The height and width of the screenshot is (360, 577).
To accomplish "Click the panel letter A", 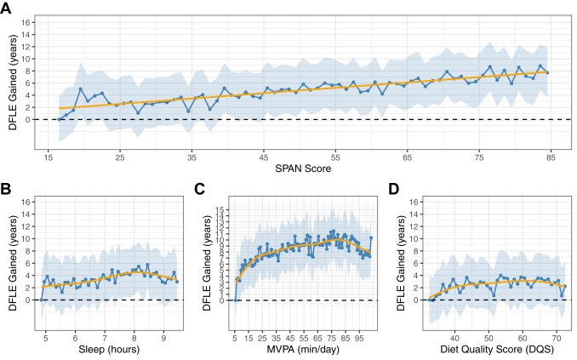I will click(x=7, y=8).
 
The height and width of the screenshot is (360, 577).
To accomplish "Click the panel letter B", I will click(x=7, y=186).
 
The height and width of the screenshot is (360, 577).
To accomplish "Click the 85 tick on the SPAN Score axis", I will click(x=548, y=157).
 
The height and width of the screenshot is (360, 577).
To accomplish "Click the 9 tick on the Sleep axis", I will click(x=163, y=335).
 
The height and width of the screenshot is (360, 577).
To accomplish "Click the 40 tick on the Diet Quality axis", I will click(x=454, y=335).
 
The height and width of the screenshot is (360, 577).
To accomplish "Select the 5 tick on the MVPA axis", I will click(x=236, y=335).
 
